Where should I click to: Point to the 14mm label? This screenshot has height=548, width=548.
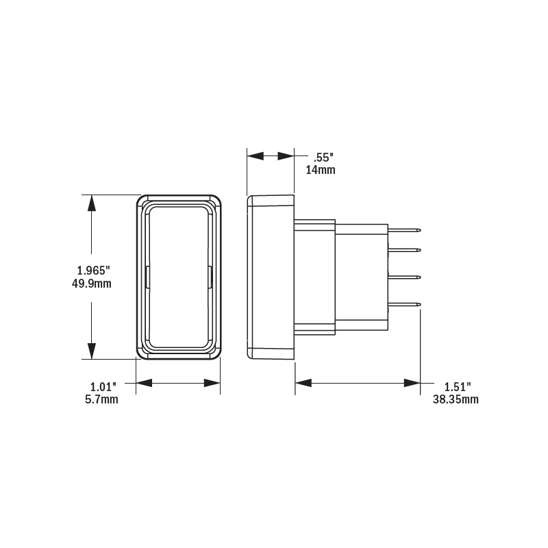[x=320, y=170]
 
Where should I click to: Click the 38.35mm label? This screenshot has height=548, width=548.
[x=455, y=399]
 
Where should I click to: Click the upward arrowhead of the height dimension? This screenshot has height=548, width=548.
[x=90, y=201]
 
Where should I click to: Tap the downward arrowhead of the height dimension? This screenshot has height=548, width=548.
[x=90, y=353]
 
